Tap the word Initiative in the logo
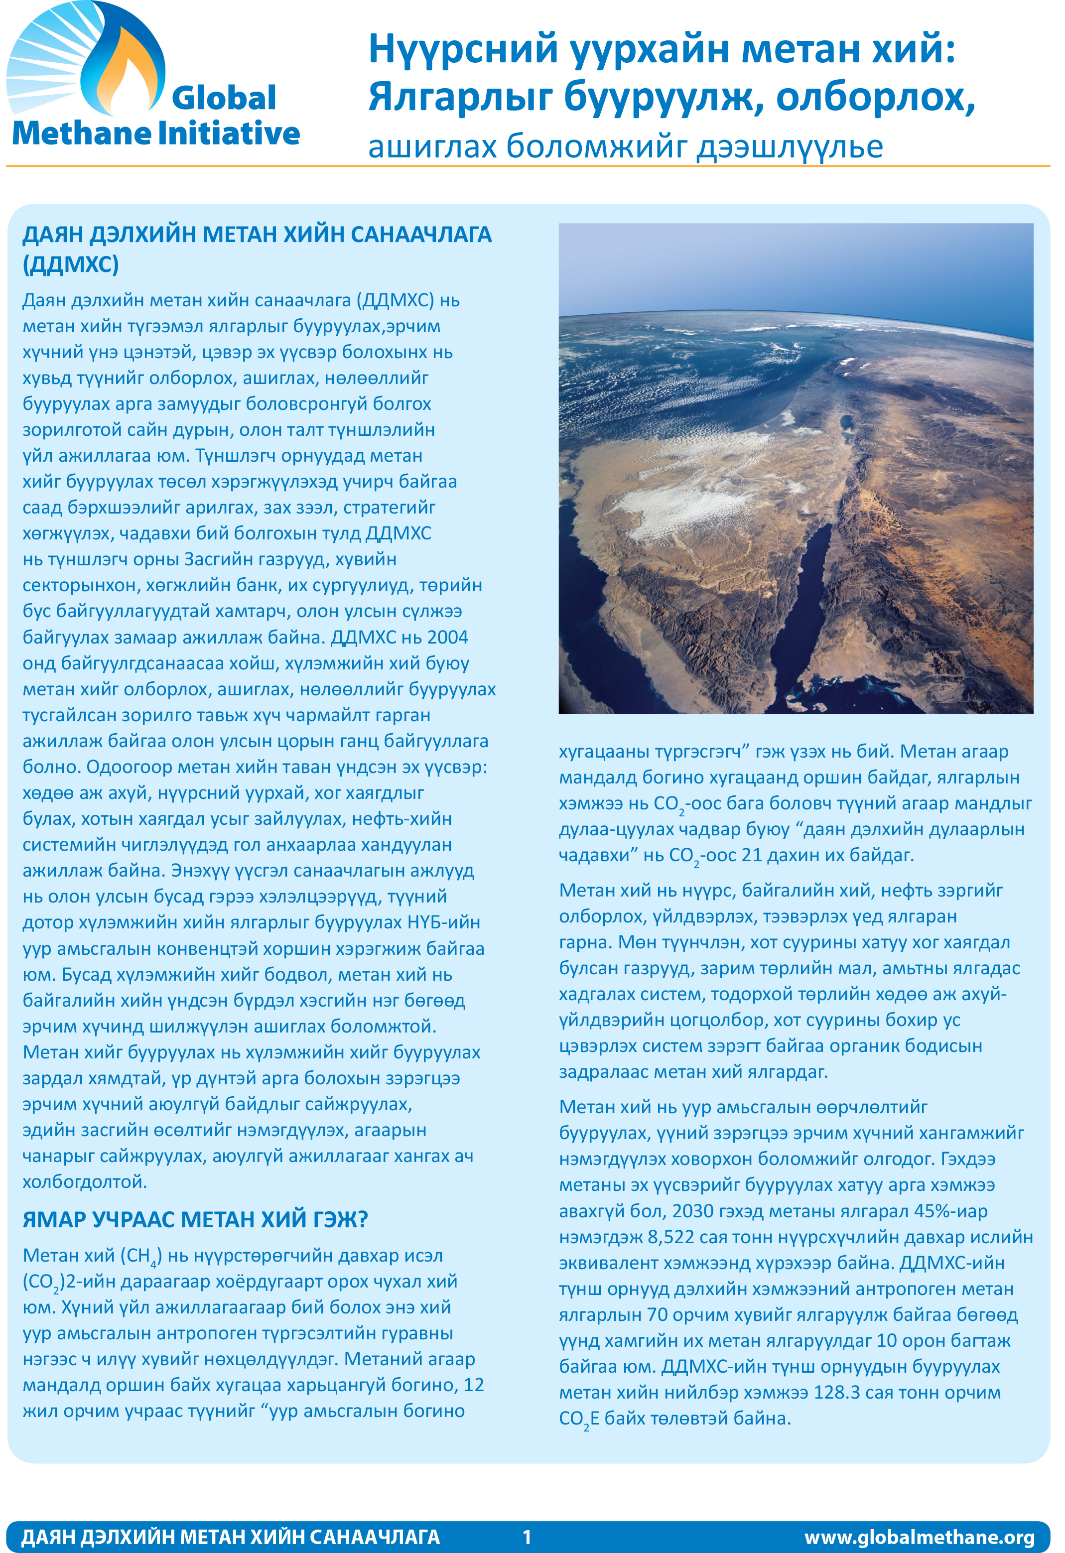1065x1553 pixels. (x=229, y=133)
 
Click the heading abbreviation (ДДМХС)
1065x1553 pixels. (x=71, y=264)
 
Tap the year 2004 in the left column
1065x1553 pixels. (x=448, y=637)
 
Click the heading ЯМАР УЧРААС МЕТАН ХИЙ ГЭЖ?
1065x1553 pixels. (x=195, y=1220)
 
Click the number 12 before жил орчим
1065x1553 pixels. (x=474, y=1385)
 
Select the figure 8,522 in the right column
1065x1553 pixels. (x=671, y=1237)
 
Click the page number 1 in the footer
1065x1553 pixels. (x=527, y=1536)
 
